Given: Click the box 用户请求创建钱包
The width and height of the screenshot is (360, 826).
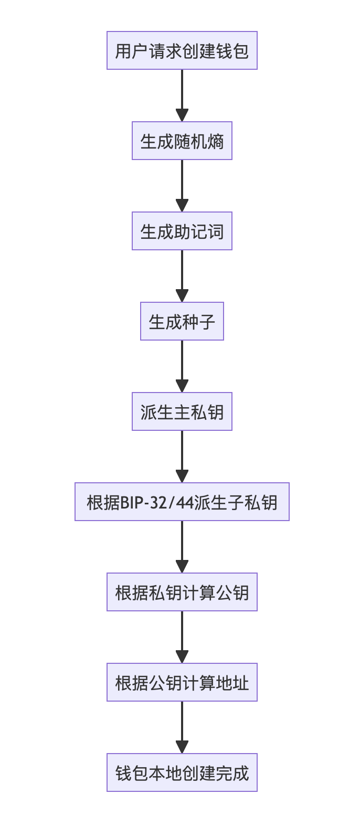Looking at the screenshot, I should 182,50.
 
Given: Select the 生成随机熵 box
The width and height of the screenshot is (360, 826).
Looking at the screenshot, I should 182,141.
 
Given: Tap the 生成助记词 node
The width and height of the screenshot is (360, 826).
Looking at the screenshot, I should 182,231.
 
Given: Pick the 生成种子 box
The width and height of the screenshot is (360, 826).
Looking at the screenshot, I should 182,321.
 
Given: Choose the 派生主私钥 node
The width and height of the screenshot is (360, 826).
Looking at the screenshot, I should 182,411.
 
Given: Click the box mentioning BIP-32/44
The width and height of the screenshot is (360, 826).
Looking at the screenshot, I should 182,502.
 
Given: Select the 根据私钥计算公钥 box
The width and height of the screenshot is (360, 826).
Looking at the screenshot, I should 182,592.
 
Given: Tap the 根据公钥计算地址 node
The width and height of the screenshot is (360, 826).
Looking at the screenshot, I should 182,682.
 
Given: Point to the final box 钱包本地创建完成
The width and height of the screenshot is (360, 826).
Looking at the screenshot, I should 182,772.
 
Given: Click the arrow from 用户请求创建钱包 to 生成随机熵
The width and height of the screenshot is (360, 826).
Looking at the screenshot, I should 182,94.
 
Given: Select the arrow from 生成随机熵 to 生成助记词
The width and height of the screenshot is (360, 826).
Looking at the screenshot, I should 182,185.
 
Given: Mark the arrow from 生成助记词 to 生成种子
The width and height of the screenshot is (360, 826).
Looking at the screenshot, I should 182,275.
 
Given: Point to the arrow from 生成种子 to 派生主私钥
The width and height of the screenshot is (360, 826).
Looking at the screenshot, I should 182,365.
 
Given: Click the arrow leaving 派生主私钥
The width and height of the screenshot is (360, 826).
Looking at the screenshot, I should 182,456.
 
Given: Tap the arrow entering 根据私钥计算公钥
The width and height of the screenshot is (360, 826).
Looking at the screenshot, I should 182,546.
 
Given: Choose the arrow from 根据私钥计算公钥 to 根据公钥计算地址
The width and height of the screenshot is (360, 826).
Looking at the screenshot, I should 182,636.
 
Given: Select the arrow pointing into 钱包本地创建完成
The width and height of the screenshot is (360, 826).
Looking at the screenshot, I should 182,726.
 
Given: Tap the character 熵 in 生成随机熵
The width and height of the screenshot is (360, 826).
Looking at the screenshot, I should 216,141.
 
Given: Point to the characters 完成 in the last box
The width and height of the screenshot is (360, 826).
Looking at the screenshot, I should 232,773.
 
